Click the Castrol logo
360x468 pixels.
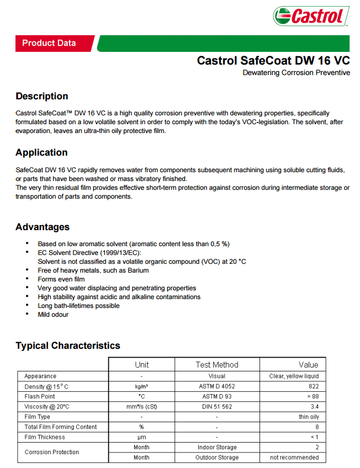(x=311, y=16)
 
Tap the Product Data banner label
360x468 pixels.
(x=49, y=43)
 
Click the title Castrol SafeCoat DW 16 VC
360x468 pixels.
(x=273, y=61)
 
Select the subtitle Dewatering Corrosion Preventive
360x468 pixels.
(x=296, y=73)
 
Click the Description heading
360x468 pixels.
(x=42, y=96)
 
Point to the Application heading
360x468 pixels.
(x=41, y=152)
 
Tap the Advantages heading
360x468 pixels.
(x=43, y=227)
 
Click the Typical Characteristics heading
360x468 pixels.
(x=68, y=345)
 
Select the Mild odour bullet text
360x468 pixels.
(x=53, y=315)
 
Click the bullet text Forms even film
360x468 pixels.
(x=61, y=279)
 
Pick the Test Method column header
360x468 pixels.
(x=217, y=365)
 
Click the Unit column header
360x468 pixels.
(x=141, y=365)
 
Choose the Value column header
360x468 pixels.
(x=308, y=365)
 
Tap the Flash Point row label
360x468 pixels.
(x=40, y=396)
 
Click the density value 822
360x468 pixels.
(x=313, y=386)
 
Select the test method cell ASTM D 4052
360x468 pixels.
(x=217, y=386)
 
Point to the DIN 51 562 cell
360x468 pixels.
(x=217, y=407)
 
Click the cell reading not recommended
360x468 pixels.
(x=294, y=458)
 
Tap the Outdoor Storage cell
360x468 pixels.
(x=217, y=458)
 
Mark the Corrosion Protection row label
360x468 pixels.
(x=52, y=452)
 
